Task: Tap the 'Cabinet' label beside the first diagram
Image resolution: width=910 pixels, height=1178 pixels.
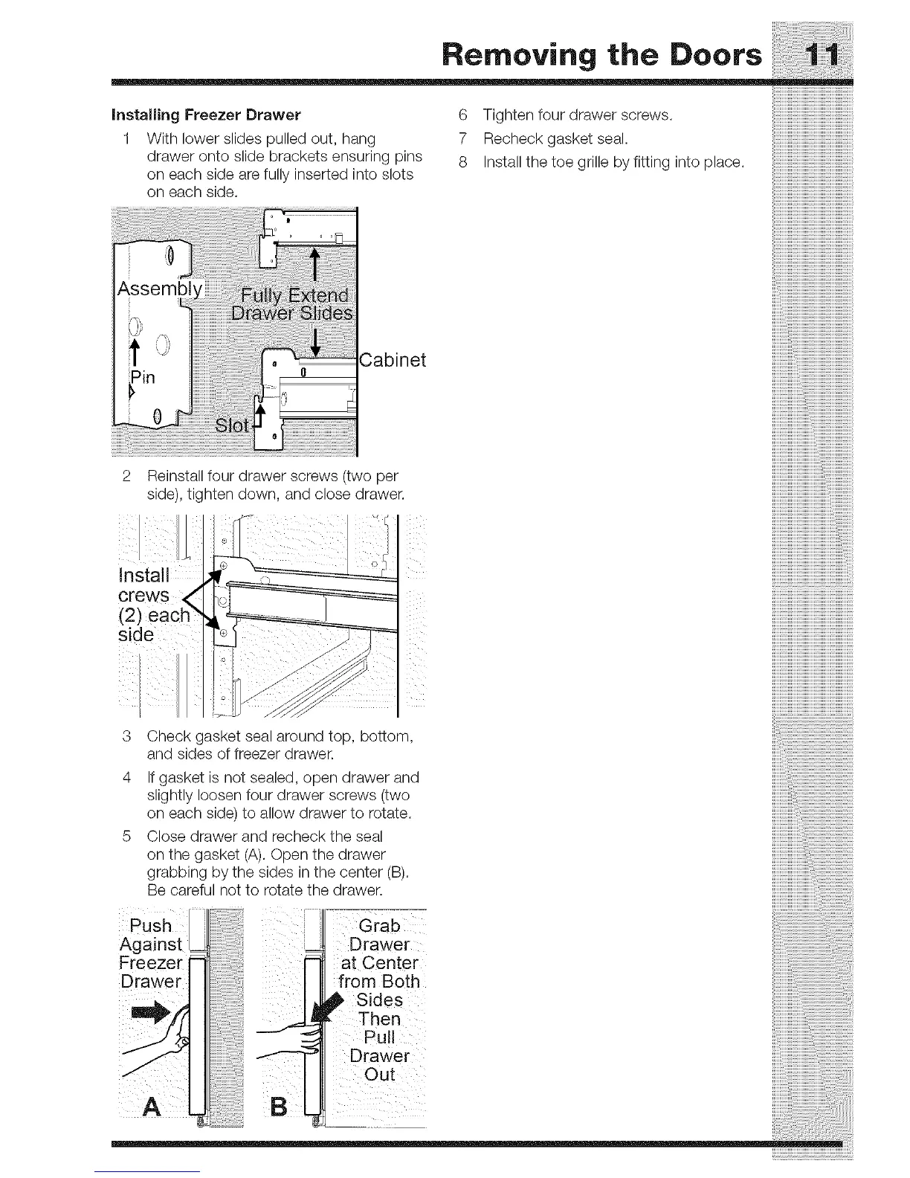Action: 393,361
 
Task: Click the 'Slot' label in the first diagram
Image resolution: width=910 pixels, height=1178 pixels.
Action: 232,425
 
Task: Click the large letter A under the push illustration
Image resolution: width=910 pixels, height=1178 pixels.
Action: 152,1107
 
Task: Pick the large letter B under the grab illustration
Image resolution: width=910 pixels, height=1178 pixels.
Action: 279,1107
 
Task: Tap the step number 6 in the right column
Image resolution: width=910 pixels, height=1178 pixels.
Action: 463,115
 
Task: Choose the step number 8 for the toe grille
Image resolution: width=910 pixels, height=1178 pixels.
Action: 463,162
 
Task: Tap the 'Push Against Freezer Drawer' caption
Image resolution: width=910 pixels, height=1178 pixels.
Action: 151,953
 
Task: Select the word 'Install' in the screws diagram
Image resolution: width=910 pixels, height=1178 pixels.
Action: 144,576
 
